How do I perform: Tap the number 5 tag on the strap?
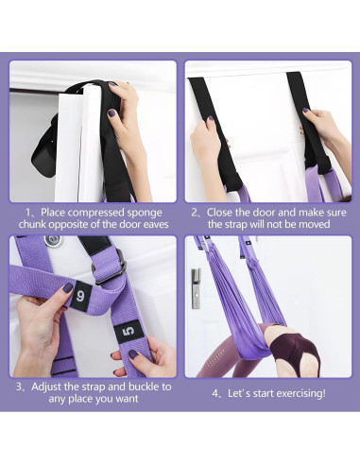[129, 331]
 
